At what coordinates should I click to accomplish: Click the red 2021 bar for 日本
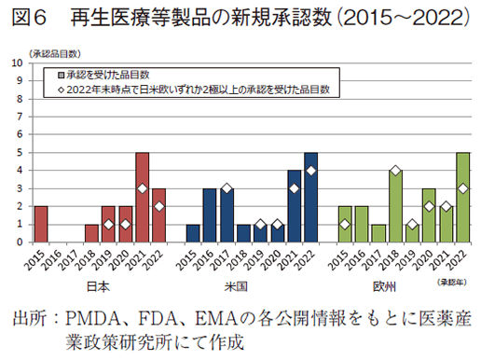[142, 197]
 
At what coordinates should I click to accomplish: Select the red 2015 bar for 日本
[41, 224]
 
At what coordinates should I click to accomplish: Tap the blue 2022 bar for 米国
[310, 197]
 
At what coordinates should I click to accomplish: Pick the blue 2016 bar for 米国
[210, 215]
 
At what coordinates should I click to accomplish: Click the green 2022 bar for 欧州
[462, 197]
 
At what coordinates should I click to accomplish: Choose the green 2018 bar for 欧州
[395, 206]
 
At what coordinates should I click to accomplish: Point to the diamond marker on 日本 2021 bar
[142, 188]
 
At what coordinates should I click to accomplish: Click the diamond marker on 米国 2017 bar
[227, 188]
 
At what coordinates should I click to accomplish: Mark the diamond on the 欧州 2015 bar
[345, 224]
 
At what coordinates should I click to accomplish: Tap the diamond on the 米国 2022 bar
[310, 171]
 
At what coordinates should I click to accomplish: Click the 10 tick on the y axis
[20, 63]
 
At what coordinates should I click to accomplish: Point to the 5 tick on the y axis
[21, 153]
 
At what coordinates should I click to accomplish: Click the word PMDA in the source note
[89, 318]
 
